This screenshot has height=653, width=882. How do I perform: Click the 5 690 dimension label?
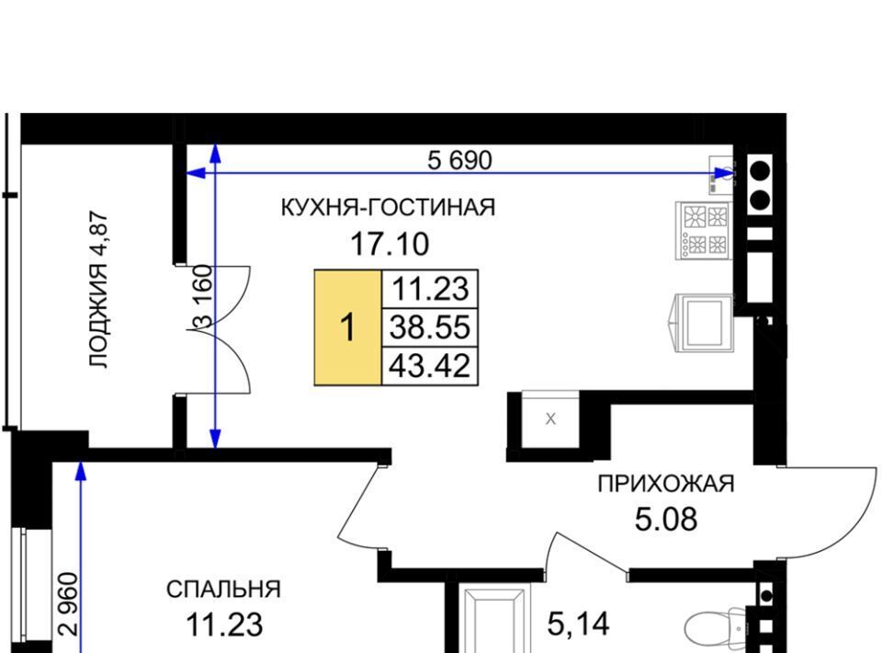pyautogui.click(x=459, y=160)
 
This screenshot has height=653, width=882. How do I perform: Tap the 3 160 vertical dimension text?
pyautogui.click(x=203, y=297)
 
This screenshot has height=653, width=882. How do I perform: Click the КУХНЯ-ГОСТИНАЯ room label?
pyautogui.click(x=388, y=208)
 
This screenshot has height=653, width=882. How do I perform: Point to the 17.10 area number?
pyautogui.click(x=390, y=245)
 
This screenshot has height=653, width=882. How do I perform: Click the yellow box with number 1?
pyautogui.click(x=348, y=327)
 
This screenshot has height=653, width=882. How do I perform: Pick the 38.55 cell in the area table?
pyautogui.click(x=430, y=327)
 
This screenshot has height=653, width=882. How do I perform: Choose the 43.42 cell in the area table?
pyautogui.click(x=430, y=366)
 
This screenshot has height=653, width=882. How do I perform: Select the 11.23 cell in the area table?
pyautogui.click(x=430, y=290)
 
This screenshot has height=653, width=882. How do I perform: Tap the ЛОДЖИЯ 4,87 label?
pyautogui.click(x=99, y=290)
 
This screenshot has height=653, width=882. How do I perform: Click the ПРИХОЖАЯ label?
pyautogui.click(x=666, y=484)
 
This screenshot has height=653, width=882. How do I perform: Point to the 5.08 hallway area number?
pyautogui.click(x=666, y=519)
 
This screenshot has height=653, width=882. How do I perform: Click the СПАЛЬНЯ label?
pyautogui.click(x=223, y=590)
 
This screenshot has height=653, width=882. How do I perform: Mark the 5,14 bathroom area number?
pyautogui.click(x=578, y=624)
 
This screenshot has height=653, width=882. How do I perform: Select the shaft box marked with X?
pyautogui.click(x=550, y=418)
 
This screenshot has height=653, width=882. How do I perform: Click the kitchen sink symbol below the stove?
pyautogui.click(x=702, y=323)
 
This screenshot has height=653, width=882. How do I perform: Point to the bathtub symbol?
pyautogui.click(x=495, y=619)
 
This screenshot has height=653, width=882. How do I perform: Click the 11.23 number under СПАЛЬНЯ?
pyautogui.click(x=224, y=624)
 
